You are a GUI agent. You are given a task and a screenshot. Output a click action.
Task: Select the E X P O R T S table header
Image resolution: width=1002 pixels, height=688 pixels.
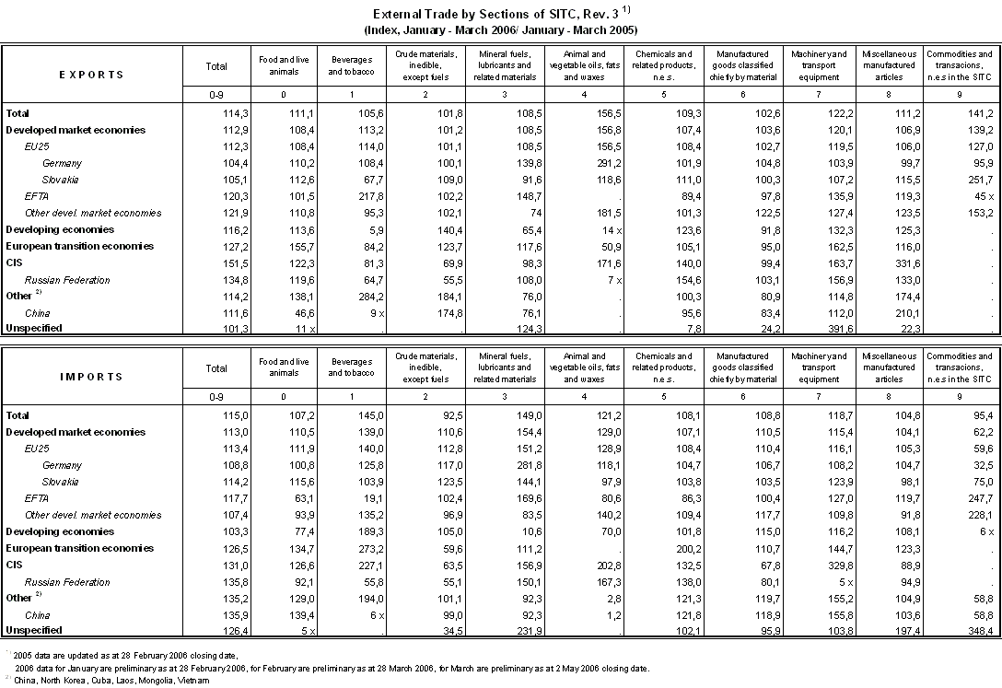tap(91, 75)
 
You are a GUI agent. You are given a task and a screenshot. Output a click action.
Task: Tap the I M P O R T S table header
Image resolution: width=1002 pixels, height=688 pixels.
tap(91, 377)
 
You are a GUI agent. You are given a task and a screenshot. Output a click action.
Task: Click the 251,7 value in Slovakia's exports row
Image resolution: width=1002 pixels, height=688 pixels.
tap(975, 180)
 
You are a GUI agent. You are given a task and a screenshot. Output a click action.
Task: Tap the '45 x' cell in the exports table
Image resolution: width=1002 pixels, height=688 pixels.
tap(980, 196)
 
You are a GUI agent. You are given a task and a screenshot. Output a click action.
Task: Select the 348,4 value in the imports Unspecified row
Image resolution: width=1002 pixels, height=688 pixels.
tap(975, 631)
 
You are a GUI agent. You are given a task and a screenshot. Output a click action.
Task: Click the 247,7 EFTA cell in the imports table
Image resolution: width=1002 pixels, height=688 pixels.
tap(975, 498)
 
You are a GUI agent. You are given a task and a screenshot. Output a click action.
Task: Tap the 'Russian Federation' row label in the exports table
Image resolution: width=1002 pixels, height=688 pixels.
tap(67, 280)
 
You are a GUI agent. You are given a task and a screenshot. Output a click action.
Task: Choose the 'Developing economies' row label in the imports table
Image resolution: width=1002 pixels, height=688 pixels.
tap(60, 531)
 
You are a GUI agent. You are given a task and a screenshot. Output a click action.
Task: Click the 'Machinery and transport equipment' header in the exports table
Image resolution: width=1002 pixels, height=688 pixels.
tap(819, 66)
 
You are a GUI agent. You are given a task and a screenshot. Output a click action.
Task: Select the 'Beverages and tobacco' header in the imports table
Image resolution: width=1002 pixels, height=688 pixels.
tap(351, 367)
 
